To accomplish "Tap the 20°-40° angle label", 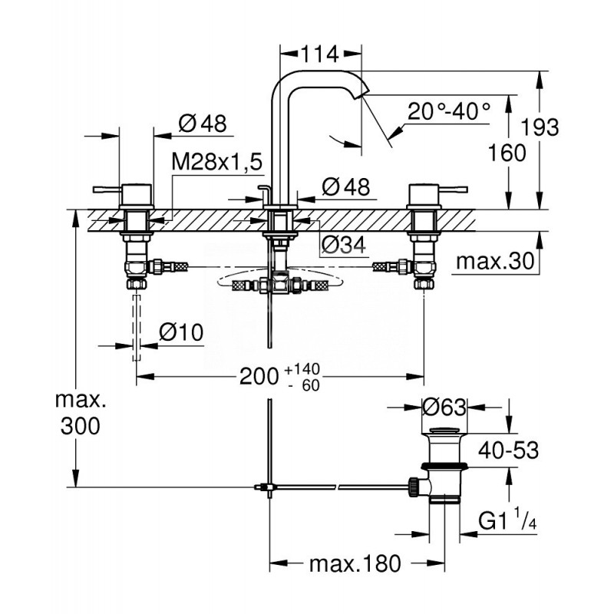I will [449, 111].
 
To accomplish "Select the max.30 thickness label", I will [494, 262].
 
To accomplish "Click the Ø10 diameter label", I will [181, 332].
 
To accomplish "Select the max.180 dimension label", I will [355, 565].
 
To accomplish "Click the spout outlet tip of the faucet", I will [361, 93].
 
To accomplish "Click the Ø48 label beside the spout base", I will [345, 186].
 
